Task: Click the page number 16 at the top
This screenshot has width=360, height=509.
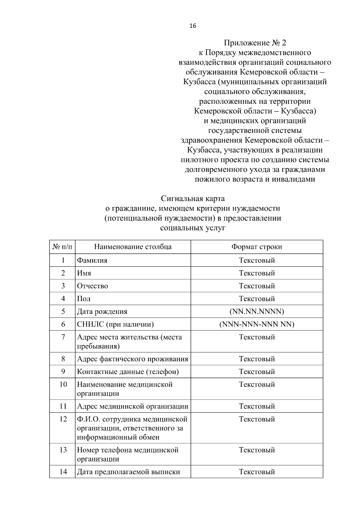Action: click(x=193, y=26)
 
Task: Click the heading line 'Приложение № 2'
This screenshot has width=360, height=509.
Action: click(x=255, y=43)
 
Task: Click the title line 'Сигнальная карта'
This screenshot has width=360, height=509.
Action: click(x=193, y=199)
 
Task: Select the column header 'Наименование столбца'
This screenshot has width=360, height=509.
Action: click(x=133, y=247)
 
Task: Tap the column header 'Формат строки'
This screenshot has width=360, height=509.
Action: click(x=256, y=247)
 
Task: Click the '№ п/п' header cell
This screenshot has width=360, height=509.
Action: click(x=62, y=247)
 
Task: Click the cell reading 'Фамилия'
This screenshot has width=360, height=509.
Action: click(x=92, y=260)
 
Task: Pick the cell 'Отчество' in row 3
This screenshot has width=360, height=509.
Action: click(x=92, y=286)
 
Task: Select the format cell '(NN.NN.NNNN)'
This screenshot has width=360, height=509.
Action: click(x=256, y=311)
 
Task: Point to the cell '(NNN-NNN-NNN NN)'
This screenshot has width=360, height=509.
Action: click(x=256, y=324)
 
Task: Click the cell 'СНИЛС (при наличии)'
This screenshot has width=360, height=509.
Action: click(x=115, y=324)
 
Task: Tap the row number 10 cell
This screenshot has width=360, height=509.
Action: click(x=63, y=385)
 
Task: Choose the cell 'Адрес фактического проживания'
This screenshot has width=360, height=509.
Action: click(x=132, y=359)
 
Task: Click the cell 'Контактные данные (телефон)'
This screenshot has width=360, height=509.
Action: click(x=128, y=372)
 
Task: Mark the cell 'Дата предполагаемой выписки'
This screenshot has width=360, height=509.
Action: click(x=128, y=472)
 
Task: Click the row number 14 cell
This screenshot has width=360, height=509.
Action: click(x=63, y=472)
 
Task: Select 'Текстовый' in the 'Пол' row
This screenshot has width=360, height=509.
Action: click(x=256, y=299)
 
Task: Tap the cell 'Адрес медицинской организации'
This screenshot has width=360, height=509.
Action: click(x=133, y=406)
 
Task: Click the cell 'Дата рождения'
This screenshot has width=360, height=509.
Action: click(x=102, y=312)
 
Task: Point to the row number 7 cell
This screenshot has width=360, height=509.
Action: click(x=63, y=337)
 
